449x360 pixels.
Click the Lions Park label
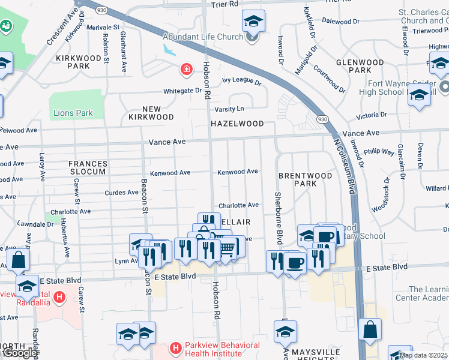coord(73,113)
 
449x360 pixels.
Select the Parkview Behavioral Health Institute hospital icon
coord(175,347)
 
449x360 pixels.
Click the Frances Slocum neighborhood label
coord(88,168)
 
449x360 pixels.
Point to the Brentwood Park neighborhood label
coord(305,179)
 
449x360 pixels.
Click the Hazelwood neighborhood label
coord(237,124)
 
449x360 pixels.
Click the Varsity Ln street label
coord(230,109)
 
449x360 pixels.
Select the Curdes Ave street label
coord(121,193)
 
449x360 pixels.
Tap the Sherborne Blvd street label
coord(278,218)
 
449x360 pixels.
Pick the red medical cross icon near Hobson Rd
coord(187,70)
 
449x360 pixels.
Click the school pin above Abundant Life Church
coord(254,22)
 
